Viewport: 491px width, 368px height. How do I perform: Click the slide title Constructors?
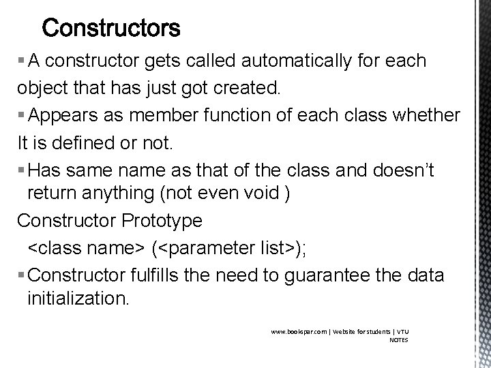(x=111, y=28)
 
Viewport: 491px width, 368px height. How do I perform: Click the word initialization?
(x=76, y=299)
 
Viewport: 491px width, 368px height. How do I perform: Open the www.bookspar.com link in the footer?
(x=297, y=332)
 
